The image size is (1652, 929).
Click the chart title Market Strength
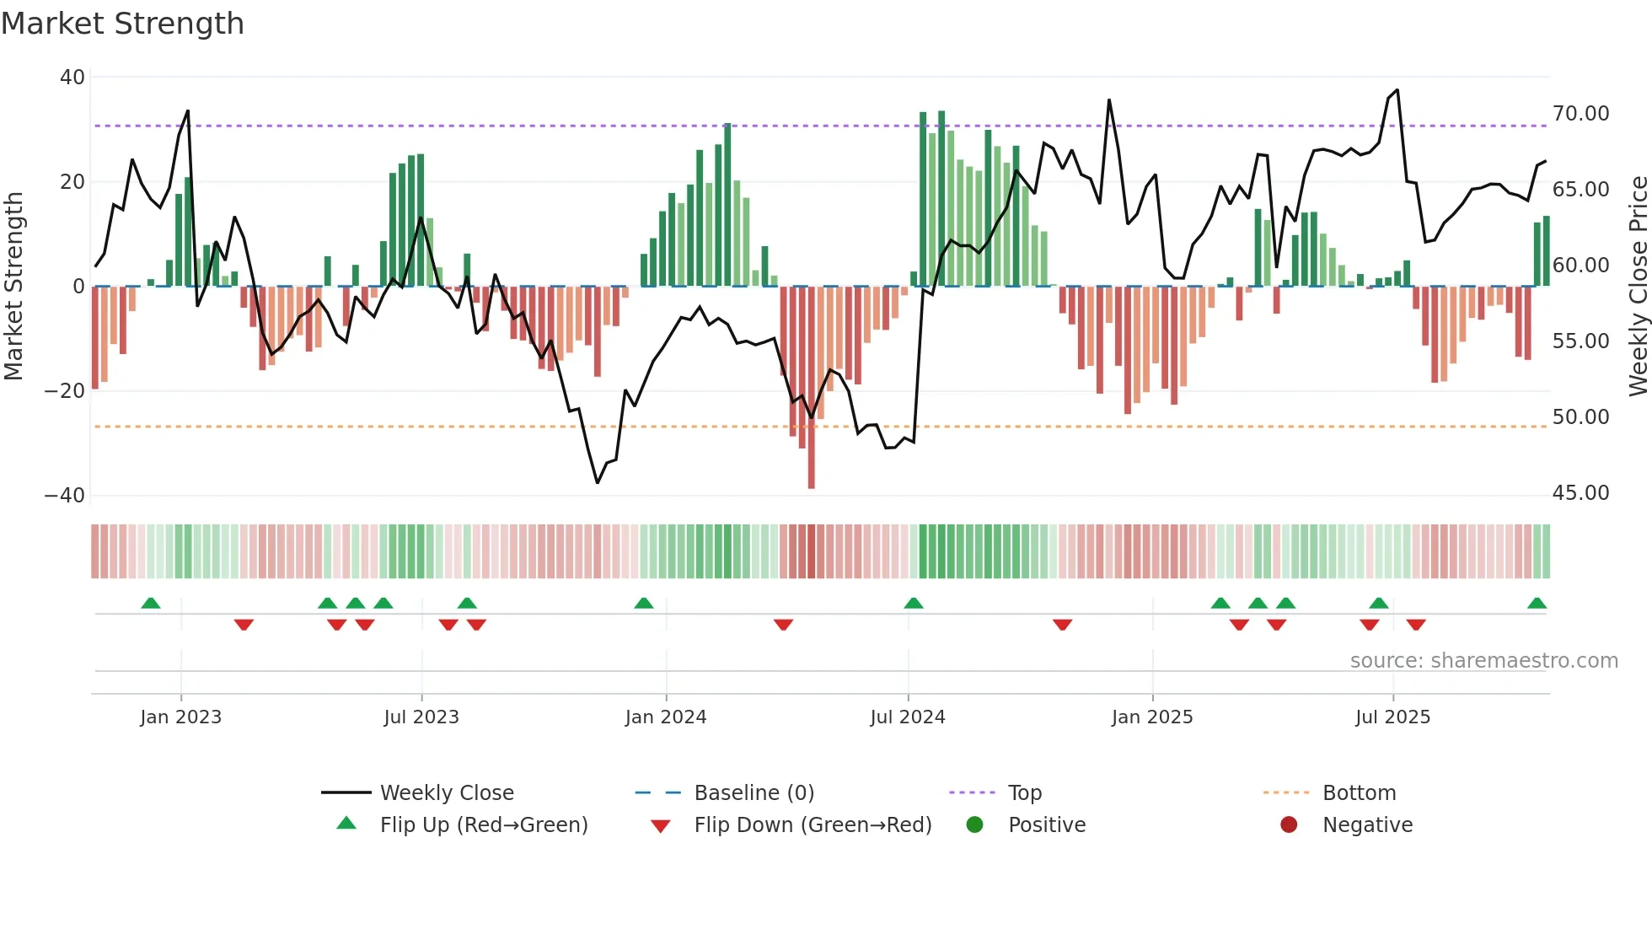click(122, 24)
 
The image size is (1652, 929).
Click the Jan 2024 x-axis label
click(665, 717)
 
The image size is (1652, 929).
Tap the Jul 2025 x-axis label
click(1392, 717)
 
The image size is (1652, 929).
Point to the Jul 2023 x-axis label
click(421, 717)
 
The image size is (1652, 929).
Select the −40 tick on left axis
click(65, 496)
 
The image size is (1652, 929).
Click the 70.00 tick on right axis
click(1580, 114)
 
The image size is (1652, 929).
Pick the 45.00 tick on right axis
click(1580, 493)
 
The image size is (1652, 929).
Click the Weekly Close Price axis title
click(1638, 287)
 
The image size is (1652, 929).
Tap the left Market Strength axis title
click(13, 287)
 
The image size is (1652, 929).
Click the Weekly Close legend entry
click(446, 793)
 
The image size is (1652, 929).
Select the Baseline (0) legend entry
click(754, 793)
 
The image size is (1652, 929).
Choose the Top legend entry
click(1024, 793)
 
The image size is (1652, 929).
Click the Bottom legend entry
click(1359, 793)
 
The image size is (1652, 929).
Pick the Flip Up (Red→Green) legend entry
click(483, 825)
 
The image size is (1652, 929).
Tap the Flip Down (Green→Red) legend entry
click(813, 825)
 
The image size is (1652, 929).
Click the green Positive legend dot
click(974, 825)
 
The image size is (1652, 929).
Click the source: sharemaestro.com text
click(1483, 661)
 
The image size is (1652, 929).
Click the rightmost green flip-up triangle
click(1537, 604)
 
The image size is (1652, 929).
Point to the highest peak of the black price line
click(1397, 90)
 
